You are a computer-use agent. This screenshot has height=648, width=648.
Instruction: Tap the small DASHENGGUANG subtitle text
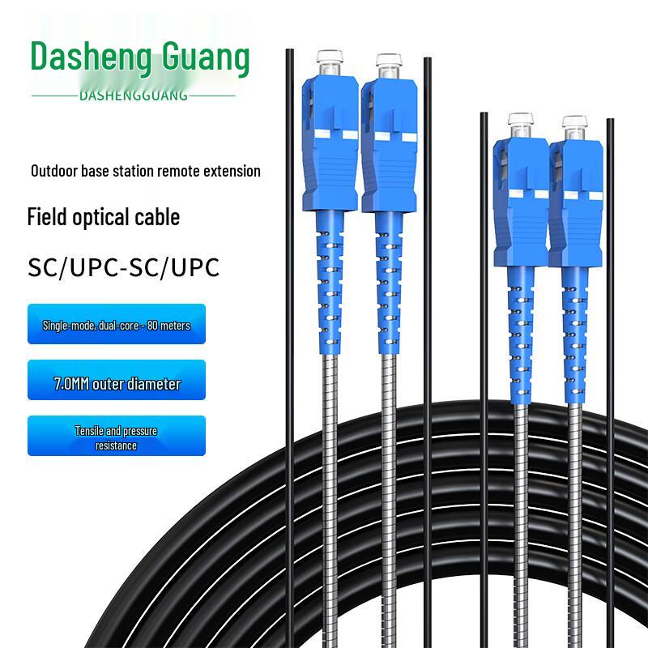(x=134, y=96)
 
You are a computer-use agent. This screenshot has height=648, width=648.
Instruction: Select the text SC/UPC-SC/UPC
(x=124, y=267)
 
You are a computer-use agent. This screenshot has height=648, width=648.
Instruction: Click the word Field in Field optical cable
(x=47, y=217)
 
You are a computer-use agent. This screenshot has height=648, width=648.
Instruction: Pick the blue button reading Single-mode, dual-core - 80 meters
(x=117, y=325)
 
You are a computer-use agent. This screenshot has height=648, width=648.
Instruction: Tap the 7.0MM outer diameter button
(x=117, y=383)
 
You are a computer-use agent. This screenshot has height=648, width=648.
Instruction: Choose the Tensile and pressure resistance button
(x=117, y=438)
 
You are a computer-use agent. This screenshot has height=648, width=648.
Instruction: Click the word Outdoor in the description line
(x=54, y=171)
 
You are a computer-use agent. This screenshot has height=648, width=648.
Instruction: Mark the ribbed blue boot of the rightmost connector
(x=574, y=324)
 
